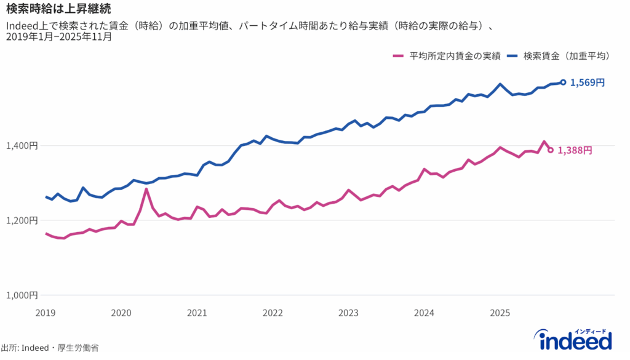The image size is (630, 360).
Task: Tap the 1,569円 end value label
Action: (x=587, y=82)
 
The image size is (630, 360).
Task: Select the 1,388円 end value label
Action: (x=575, y=150)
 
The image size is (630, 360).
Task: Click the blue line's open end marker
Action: (x=563, y=82)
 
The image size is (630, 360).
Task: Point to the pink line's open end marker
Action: (x=551, y=150)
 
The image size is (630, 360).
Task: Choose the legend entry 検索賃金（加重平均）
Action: (x=566, y=56)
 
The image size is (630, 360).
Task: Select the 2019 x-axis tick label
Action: (x=46, y=313)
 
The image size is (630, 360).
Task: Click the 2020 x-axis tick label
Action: (x=121, y=313)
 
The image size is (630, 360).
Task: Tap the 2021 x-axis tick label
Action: (x=197, y=313)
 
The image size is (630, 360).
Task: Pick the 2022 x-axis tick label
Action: (x=273, y=313)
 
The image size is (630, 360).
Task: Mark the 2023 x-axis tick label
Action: (x=348, y=313)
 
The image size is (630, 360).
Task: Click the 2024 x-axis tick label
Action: (x=424, y=313)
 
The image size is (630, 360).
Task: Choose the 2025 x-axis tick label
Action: (x=500, y=313)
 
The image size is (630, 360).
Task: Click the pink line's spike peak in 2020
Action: (x=146, y=189)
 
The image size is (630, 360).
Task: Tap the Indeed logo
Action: (x=575, y=340)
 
